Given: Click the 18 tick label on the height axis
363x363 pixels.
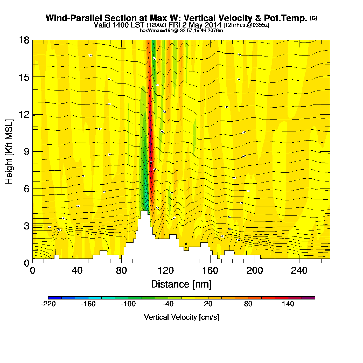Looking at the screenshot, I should tap(24, 40).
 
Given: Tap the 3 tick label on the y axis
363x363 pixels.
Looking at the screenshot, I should tap(26, 226).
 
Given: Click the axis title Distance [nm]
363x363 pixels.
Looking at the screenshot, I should tap(181, 284).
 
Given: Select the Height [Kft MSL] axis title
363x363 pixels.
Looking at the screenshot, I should tap(9, 152).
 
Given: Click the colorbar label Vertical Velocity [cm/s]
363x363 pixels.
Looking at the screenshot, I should tap(181, 317).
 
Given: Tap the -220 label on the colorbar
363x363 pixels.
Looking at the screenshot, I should tap(48, 304).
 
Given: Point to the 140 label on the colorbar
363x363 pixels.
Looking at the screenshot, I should tap(288, 304).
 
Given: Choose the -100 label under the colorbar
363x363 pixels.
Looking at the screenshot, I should tap(128, 304).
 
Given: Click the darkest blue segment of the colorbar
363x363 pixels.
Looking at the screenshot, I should tap(55, 298).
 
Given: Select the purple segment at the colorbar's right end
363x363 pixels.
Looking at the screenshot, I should tap(308, 298).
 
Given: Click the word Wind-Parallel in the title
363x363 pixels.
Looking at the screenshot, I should tap(74, 18).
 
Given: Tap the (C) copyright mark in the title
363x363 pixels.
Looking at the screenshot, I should tap(313, 18).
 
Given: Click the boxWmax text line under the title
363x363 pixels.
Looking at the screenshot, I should tap(181, 31).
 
